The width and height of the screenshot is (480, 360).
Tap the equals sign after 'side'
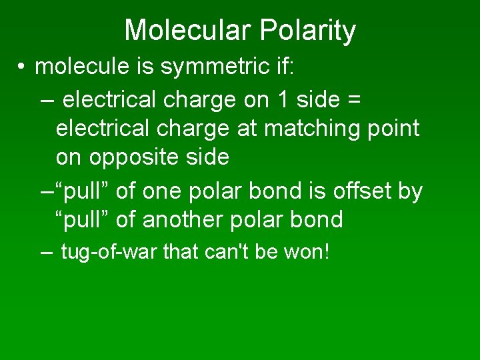tap(354, 99)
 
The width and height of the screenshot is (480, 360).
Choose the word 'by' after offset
tap(410, 191)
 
